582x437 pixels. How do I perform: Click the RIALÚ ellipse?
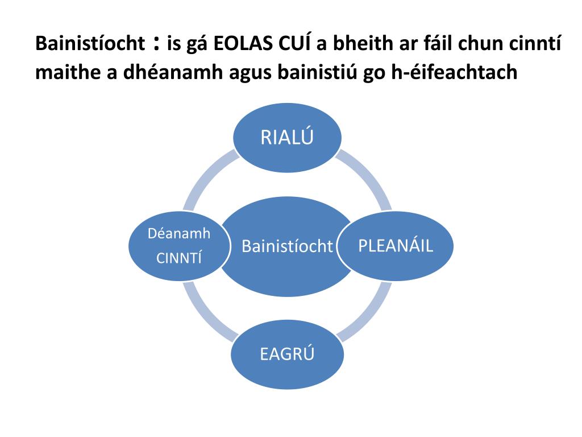coord(288,138)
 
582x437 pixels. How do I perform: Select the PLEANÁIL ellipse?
coord(396,246)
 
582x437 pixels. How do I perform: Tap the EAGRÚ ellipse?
coord(287,354)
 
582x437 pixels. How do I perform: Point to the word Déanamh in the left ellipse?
coord(179,233)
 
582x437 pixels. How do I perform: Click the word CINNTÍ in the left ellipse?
coord(179,258)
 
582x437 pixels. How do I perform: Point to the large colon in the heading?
coord(156,43)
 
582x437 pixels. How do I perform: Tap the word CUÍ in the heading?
coord(289,44)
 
